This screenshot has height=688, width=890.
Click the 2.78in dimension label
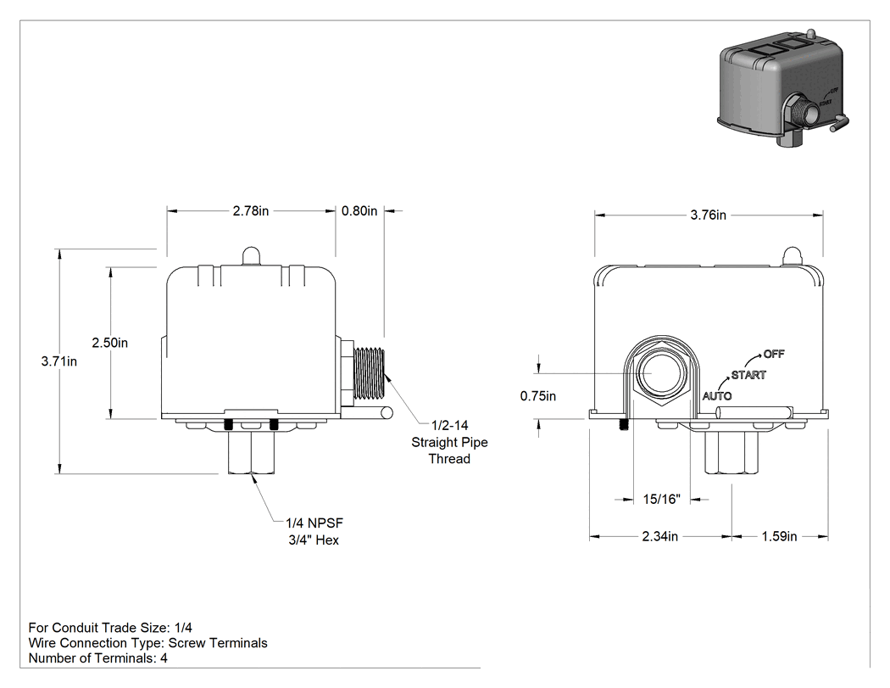(250, 210)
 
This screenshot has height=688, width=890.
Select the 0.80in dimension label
(359, 210)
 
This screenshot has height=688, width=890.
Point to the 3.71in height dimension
(59, 361)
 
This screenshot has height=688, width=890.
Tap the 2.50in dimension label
(110, 343)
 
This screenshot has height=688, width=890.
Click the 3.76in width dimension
(709, 215)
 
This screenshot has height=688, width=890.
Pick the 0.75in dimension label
(538, 396)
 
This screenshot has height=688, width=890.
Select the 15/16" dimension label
(661, 500)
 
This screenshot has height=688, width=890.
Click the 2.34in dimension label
(660, 536)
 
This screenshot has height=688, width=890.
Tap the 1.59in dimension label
(779, 536)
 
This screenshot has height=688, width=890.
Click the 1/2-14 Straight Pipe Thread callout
(449, 442)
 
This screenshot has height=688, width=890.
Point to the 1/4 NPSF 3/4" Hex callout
(314, 531)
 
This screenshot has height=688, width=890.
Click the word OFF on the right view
(774, 354)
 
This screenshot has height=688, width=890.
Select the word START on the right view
(748, 375)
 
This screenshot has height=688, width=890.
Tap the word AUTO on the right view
(717, 396)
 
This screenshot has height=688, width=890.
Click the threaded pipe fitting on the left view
(369, 373)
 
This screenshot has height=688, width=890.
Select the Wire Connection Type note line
(147, 643)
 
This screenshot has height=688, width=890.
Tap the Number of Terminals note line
(97, 658)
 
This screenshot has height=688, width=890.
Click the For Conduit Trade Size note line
(110, 628)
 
